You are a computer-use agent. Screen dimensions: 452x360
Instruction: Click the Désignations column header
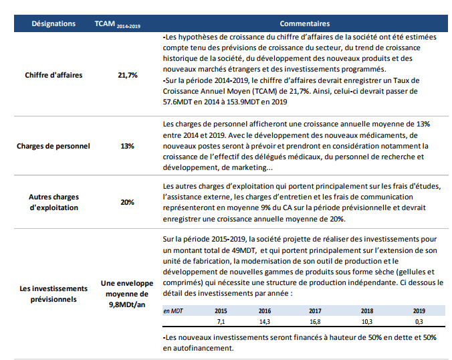(53, 23)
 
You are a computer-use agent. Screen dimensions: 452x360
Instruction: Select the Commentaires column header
(305, 23)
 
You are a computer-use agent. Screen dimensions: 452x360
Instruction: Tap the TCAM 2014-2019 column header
(118, 24)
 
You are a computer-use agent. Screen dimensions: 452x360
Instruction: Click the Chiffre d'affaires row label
(53, 76)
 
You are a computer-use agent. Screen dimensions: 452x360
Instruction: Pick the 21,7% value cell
(128, 76)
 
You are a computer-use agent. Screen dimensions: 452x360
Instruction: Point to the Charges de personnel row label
(53, 146)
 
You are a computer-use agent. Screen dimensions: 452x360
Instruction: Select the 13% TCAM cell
(128, 146)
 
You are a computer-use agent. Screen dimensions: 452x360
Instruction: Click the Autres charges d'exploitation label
(53, 202)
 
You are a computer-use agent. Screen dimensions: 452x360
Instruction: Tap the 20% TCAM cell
(128, 202)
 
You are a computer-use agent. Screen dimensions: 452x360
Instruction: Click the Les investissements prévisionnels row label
(53, 294)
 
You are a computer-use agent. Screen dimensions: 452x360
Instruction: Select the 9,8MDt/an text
(127, 305)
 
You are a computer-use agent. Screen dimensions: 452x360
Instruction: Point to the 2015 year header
(221, 311)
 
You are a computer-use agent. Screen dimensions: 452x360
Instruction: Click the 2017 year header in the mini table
(315, 311)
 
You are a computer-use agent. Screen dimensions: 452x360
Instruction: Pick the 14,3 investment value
(265, 322)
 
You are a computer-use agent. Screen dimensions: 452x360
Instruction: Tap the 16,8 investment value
(315, 322)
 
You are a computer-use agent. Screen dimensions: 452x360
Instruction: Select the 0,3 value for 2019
(419, 322)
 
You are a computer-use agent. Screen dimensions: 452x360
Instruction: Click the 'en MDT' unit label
(173, 311)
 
